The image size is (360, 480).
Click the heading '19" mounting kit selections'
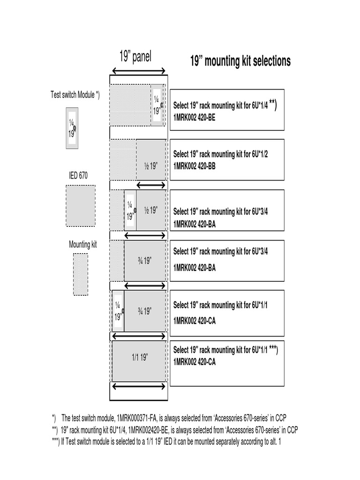[240, 61]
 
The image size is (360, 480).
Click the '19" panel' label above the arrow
[135, 57]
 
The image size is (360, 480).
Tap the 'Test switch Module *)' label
[75, 95]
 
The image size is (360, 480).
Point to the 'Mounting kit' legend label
[82, 245]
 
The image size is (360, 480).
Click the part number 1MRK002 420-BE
[195, 119]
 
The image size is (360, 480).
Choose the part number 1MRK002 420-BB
[195, 166]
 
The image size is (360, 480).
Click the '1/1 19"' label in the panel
[140, 358]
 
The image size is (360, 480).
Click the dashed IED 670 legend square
[80, 206]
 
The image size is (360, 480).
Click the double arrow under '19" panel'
[138, 71]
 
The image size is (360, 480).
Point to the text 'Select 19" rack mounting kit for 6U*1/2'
[220, 154]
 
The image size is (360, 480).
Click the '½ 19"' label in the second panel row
[150, 166]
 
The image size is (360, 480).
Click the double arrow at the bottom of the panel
[138, 387]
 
